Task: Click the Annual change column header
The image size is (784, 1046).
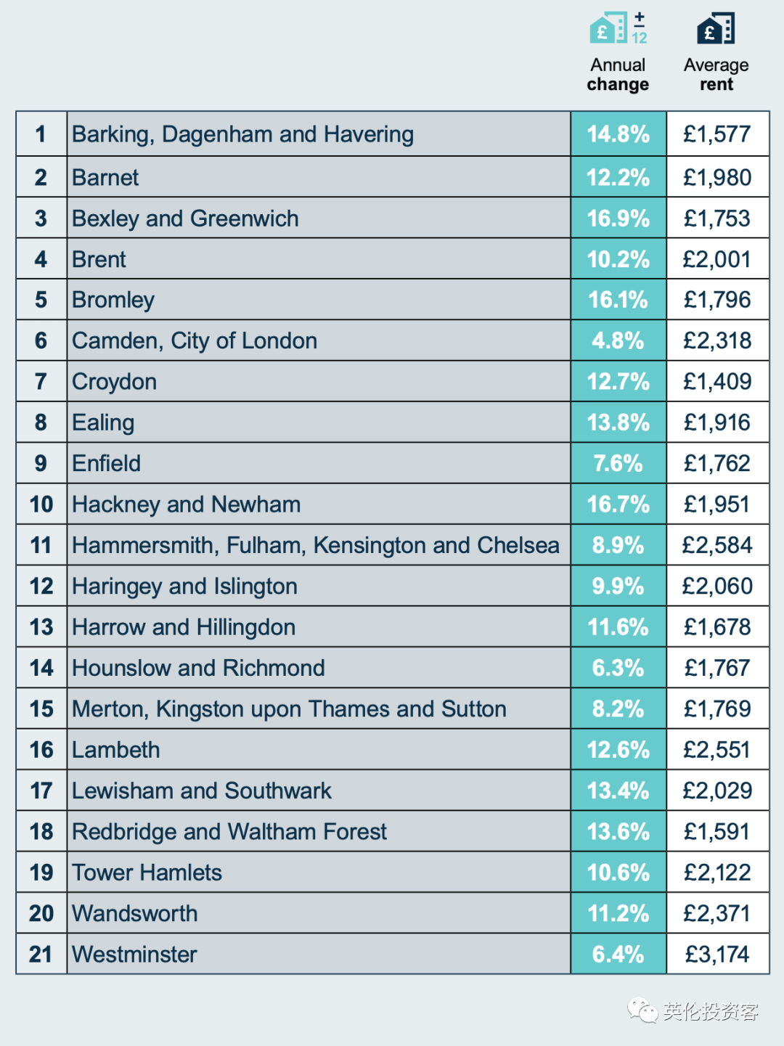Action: click(618, 75)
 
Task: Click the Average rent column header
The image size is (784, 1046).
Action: click(716, 75)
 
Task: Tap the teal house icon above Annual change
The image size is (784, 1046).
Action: click(608, 28)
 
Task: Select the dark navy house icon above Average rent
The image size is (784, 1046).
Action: click(716, 29)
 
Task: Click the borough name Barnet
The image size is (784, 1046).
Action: click(105, 178)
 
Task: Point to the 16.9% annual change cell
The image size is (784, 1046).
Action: click(618, 218)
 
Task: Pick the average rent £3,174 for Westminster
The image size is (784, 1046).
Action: click(717, 954)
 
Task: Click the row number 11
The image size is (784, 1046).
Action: click(41, 545)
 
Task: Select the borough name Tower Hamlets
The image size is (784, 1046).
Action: click(147, 873)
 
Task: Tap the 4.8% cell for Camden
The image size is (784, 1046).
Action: click(618, 341)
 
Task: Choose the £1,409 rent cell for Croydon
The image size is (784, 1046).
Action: click(717, 382)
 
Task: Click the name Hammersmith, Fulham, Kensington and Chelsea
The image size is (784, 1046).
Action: click(316, 545)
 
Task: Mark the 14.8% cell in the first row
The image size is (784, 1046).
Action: click(618, 134)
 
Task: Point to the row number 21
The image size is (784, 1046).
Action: click(41, 954)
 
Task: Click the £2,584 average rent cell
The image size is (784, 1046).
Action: click(717, 545)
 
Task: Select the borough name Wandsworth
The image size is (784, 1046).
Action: click(135, 913)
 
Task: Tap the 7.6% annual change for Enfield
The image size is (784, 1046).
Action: click(618, 464)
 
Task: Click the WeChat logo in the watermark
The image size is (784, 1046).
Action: click(642, 1010)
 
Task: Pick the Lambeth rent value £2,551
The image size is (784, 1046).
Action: click(717, 750)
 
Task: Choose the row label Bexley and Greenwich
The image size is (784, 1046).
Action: click(185, 218)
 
